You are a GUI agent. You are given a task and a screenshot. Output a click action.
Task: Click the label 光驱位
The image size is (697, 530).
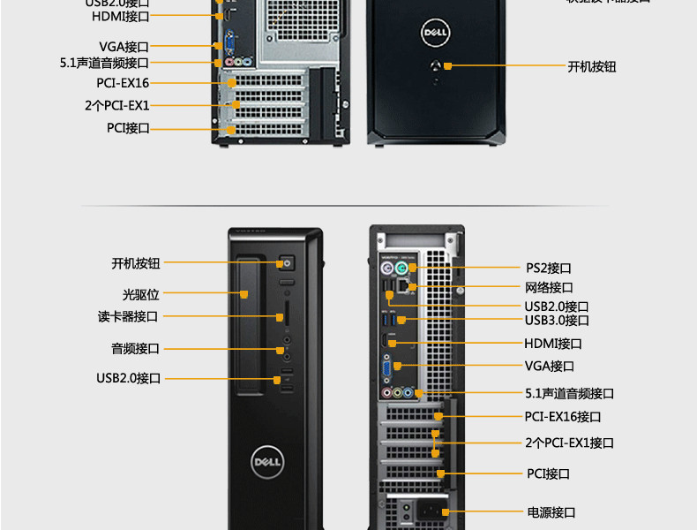[140, 294]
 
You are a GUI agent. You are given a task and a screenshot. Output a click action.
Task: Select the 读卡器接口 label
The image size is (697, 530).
[128, 316]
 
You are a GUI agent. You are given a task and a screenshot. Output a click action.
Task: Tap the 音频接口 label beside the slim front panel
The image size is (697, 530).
[135, 349]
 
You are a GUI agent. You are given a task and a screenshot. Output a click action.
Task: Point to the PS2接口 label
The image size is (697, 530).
[549, 268]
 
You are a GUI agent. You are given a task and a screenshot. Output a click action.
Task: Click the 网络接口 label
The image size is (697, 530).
[549, 287]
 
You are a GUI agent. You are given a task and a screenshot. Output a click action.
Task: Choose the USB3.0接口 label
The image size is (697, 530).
[556, 320]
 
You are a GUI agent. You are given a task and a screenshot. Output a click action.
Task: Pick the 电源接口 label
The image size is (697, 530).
[551, 512]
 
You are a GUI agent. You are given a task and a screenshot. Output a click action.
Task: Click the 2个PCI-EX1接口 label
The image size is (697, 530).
[569, 443]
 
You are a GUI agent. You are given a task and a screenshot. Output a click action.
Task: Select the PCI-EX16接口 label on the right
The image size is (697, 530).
[562, 416]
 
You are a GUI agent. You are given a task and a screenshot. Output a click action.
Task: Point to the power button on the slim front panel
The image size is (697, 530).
[286, 263]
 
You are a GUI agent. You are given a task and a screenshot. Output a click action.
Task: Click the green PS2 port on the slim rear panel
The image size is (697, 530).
[401, 269]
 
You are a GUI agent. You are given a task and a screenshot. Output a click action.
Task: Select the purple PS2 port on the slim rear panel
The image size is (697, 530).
[386, 269]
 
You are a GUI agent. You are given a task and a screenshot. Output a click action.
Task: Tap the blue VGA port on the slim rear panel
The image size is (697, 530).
[388, 367]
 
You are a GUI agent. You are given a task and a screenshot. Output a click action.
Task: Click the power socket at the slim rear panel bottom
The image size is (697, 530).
[432, 511]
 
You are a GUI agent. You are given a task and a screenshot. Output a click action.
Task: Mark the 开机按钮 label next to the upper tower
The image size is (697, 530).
[591, 66]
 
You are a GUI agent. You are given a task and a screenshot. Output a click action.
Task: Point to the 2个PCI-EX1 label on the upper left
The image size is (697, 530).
[117, 105]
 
